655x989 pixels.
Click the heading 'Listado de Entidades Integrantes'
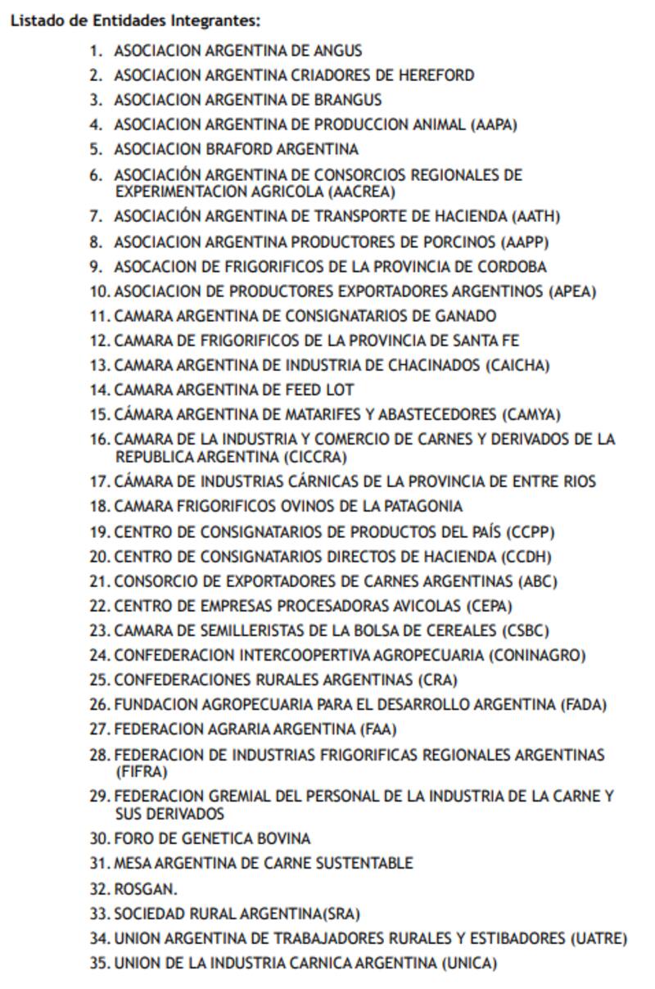[135, 21]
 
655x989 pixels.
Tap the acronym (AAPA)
[494, 124]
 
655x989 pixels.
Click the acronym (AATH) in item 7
[535, 217]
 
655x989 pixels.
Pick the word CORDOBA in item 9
[512, 267]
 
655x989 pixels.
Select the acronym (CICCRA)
[315, 457]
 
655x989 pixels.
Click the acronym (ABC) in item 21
[538, 582]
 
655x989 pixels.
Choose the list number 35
[99, 964]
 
